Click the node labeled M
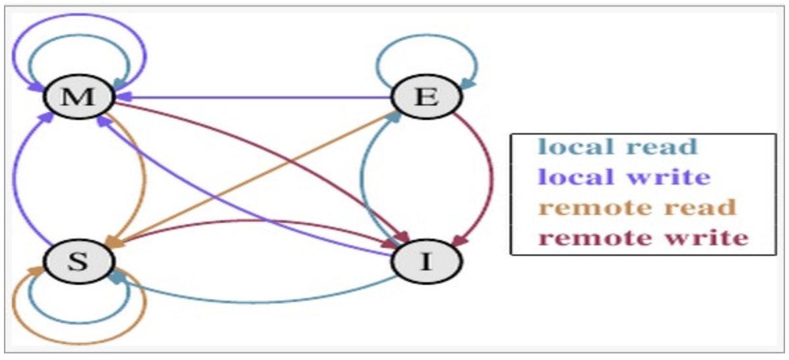pyautogui.click(x=79, y=97)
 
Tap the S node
pyautogui.click(x=79, y=262)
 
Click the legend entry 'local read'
pyautogui.click(x=617, y=146)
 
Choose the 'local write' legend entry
pyautogui.click(x=623, y=177)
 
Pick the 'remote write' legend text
pyautogui.click(x=643, y=237)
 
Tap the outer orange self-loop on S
pyautogui.click(x=79, y=342)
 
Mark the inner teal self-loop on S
pyautogui.click(x=79, y=322)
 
